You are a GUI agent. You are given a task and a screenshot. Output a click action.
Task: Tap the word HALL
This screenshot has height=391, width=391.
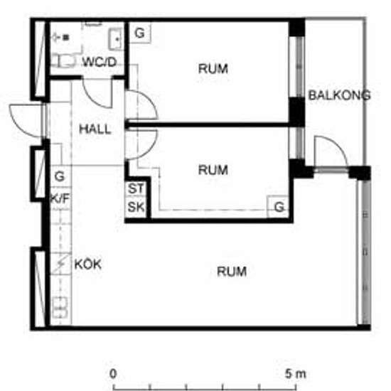95,129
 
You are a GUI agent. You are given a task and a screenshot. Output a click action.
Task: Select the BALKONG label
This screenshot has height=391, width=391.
339,95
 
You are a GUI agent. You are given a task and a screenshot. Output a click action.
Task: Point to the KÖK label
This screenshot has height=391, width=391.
88,264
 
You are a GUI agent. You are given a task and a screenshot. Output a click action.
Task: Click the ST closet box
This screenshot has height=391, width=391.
135,190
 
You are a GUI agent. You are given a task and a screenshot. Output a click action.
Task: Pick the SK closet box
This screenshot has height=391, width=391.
135,208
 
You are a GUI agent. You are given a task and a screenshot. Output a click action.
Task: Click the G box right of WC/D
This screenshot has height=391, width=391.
140,33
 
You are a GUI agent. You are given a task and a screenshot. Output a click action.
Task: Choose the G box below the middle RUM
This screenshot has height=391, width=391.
279,207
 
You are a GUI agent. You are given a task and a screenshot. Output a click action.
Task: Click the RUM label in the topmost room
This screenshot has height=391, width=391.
213,69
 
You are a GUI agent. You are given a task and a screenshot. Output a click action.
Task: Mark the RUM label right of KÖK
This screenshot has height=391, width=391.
232,272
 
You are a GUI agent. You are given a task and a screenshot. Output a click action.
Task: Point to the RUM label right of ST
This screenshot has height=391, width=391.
213,170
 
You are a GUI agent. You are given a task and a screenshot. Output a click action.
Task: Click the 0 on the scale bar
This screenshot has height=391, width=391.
113,373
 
